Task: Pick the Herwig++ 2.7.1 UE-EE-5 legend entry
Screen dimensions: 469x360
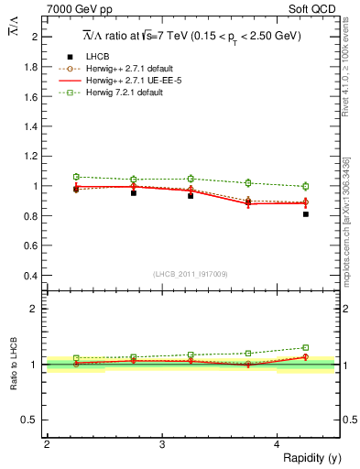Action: (136, 82)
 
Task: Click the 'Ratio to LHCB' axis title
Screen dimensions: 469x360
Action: (14, 365)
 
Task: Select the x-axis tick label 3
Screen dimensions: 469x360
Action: (162, 444)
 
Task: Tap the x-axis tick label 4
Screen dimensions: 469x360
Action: (278, 444)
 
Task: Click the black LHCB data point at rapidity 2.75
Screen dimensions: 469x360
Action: (134, 193)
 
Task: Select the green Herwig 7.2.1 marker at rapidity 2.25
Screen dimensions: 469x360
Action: (76, 177)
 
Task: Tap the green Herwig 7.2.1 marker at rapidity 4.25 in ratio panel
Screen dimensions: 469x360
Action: (306, 348)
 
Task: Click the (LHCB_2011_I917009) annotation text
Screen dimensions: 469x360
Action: (191, 273)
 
